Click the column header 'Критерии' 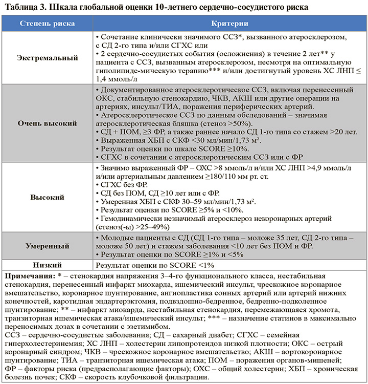pyautogui.click(x=230, y=24)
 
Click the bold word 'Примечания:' pyautogui.click(x=27, y=276)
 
